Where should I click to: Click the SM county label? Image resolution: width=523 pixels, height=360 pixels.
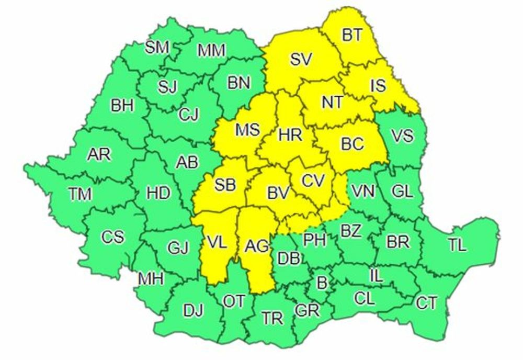click(157, 48)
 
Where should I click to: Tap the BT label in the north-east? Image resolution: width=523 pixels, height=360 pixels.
click(352, 36)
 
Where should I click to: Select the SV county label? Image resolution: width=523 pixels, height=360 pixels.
click(301, 60)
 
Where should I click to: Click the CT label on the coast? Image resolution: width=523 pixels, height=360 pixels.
click(426, 303)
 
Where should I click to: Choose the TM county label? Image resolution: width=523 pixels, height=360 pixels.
click(80, 194)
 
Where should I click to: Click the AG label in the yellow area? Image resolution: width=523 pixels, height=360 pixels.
click(256, 245)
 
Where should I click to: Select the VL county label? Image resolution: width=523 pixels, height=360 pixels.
click(217, 242)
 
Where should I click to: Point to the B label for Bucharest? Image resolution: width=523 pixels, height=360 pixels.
click(322, 283)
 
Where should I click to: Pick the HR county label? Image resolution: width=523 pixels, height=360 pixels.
click(290, 135)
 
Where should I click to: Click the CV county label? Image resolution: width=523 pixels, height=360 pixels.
click(314, 181)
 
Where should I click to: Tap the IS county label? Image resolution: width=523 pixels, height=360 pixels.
click(378, 85)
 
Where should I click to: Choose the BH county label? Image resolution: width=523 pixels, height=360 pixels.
click(122, 106)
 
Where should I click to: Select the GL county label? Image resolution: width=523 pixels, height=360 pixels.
click(402, 192)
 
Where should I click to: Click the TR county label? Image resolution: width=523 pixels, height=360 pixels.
click(272, 318)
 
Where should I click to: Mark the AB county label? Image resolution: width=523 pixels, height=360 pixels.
click(186, 163)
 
